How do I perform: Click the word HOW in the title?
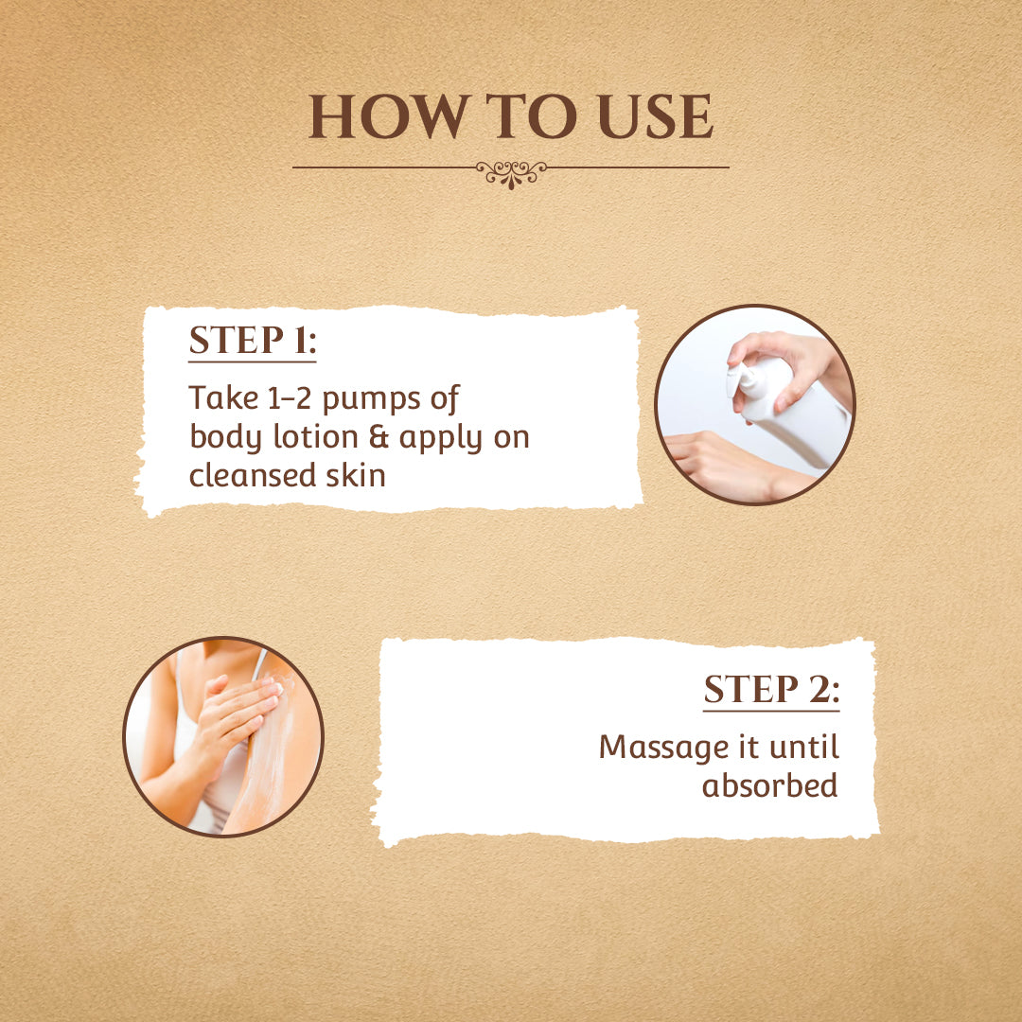389,116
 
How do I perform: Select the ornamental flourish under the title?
511,174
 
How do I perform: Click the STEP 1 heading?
253,341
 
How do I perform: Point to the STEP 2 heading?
772,690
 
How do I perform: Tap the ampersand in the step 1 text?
379,436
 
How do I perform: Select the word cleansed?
251,475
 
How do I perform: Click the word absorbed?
769,785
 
